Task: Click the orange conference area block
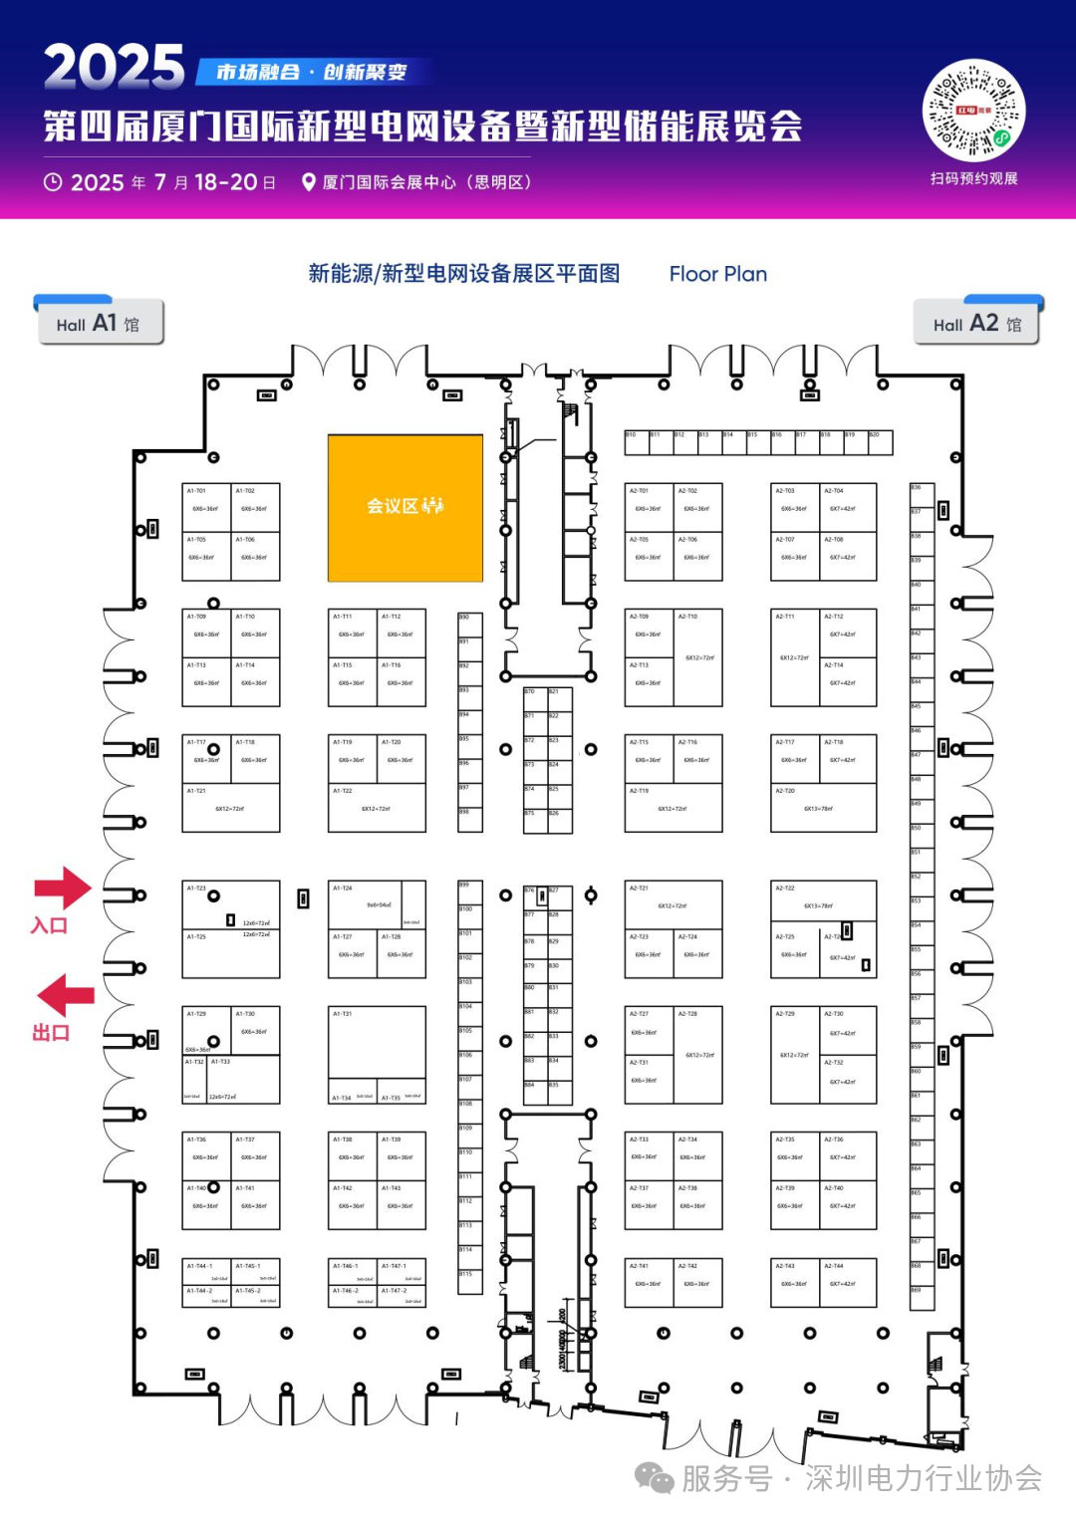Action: click(x=405, y=507)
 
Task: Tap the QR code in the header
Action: click(x=973, y=110)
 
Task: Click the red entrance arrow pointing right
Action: click(x=63, y=887)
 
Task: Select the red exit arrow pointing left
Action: click(x=66, y=995)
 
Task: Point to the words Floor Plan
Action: click(x=717, y=274)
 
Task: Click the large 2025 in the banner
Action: click(x=114, y=67)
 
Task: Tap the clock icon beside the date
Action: click(x=53, y=182)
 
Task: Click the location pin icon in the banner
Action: click(x=309, y=182)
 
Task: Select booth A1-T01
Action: click(x=206, y=508)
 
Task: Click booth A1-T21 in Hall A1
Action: click(x=230, y=808)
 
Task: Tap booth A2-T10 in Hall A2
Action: click(x=698, y=657)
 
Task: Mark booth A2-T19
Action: click(x=672, y=808)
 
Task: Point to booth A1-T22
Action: click(x=377, y=808)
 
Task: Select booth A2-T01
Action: click(x=649, y=508)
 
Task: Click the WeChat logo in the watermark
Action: click(x=655, y=1478)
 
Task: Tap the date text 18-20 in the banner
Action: click(x=226, y=182)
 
